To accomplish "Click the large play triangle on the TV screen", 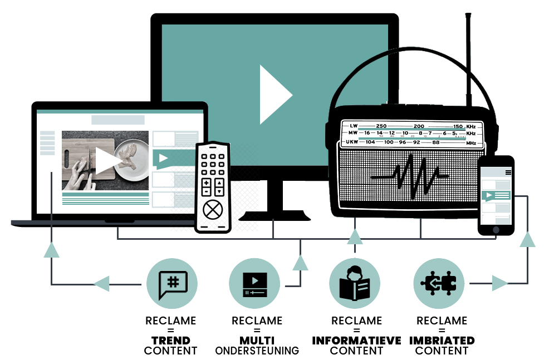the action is (x=274, y=95).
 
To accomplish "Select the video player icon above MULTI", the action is (x=255, y=285).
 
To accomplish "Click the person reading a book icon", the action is (x=355, y=283).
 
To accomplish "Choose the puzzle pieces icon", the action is (x=439, y=283).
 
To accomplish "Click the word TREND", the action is (x=171, y=341).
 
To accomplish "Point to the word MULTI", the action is (x=257, y=341).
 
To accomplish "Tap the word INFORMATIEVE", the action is (x=356, y=341).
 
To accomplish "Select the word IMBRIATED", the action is (x=442, y=341).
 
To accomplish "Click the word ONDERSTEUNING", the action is (x=257, y=351).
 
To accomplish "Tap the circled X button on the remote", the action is (x=213, y=210).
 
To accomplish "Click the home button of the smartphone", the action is (x=496, y=230).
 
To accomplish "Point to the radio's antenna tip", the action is (x=468, y=14).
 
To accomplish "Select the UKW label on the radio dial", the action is (x=352, y=142).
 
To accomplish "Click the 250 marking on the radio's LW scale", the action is (x=381, y=126).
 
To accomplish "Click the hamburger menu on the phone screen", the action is (x=508, y=172).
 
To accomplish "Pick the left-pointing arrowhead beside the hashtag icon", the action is (x=102, y=284).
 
